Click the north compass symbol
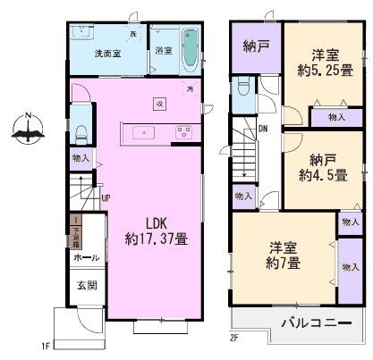pos(29,131)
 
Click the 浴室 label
pos(163,52)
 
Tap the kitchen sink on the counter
pos(144,133)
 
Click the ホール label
pos(86,256)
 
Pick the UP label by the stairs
pos(106,198)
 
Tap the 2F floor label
pos(235,338)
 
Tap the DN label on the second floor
pos(263,128)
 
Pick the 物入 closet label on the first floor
pos(81,159)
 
